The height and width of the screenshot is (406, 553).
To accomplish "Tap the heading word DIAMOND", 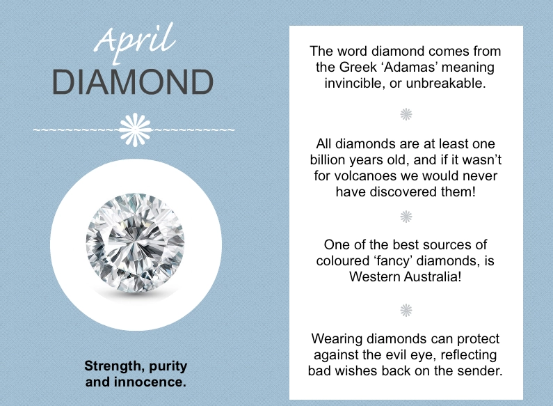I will (133, 82).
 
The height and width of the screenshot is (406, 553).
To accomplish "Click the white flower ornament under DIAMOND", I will (135, 130).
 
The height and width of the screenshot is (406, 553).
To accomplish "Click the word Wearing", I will (337, 339).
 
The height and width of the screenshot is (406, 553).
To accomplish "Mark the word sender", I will (480, 370).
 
